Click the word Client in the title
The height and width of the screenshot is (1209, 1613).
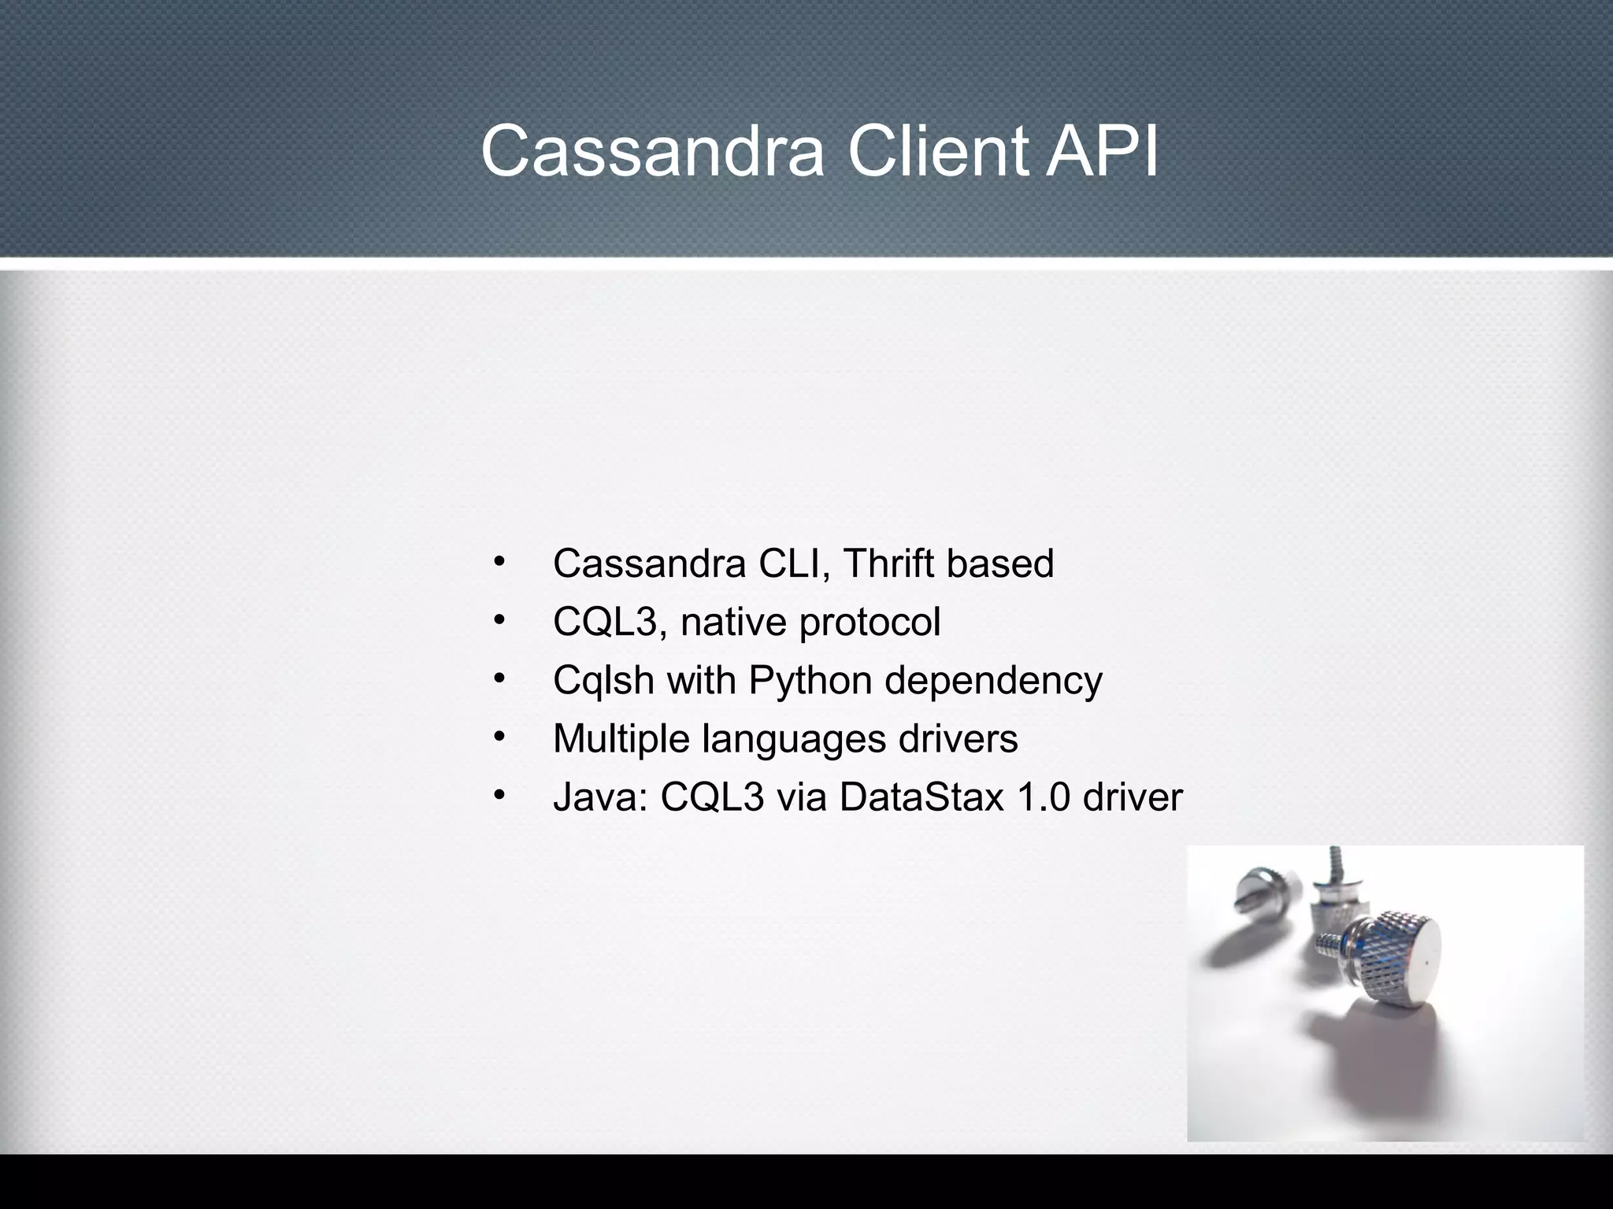(x=937, y=151)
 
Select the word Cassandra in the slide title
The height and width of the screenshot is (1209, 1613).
(x=652, y=151)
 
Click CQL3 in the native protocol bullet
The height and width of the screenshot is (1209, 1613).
(x=604, y=622)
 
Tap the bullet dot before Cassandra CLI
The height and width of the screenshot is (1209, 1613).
(x=499, y=561)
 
